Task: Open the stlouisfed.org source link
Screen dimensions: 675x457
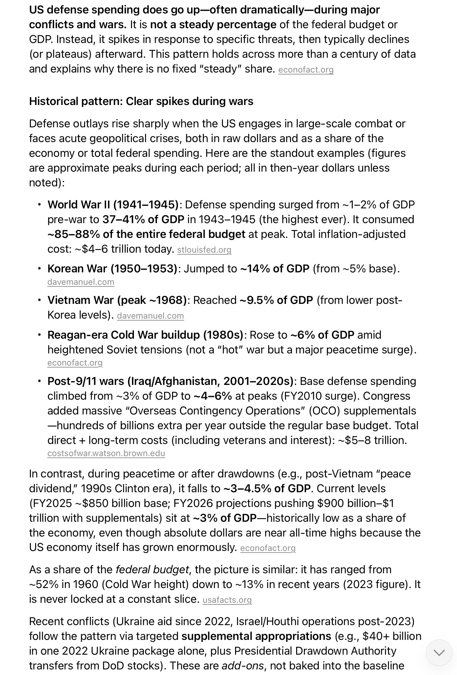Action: (x=204, y=250)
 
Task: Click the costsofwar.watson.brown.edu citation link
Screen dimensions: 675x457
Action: (x=106, y=453)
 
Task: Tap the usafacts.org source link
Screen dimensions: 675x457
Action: (x=227, y=600)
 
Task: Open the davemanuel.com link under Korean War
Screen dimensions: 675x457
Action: (x=81, y=282)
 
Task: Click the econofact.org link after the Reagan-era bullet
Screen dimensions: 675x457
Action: (x=75, y=363)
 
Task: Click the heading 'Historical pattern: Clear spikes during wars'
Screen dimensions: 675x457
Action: (x=141, y=101)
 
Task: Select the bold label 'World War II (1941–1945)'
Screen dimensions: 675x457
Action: (x=113, y=205)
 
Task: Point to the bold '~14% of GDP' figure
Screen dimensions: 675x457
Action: (x=274, y=269)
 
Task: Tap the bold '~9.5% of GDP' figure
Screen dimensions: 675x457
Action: (x=276, y=300)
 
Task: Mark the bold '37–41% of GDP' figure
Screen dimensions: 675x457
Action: (x=143, y=220)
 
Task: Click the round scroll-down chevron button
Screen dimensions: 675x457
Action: (x=439, y=652)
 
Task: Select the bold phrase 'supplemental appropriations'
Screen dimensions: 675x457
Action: (x=256, y=636)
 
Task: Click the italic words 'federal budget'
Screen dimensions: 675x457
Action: (x=152, y=569)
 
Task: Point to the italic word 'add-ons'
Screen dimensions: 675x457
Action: (x=243, y=665)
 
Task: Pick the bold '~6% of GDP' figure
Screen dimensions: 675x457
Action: (x=322, y=335)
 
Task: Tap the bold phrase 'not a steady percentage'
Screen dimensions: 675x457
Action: (x=213, y=25)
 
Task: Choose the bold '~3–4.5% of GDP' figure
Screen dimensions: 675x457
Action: (x=267, y=489)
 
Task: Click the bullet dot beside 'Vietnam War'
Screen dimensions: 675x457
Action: (x=39, y=300)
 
